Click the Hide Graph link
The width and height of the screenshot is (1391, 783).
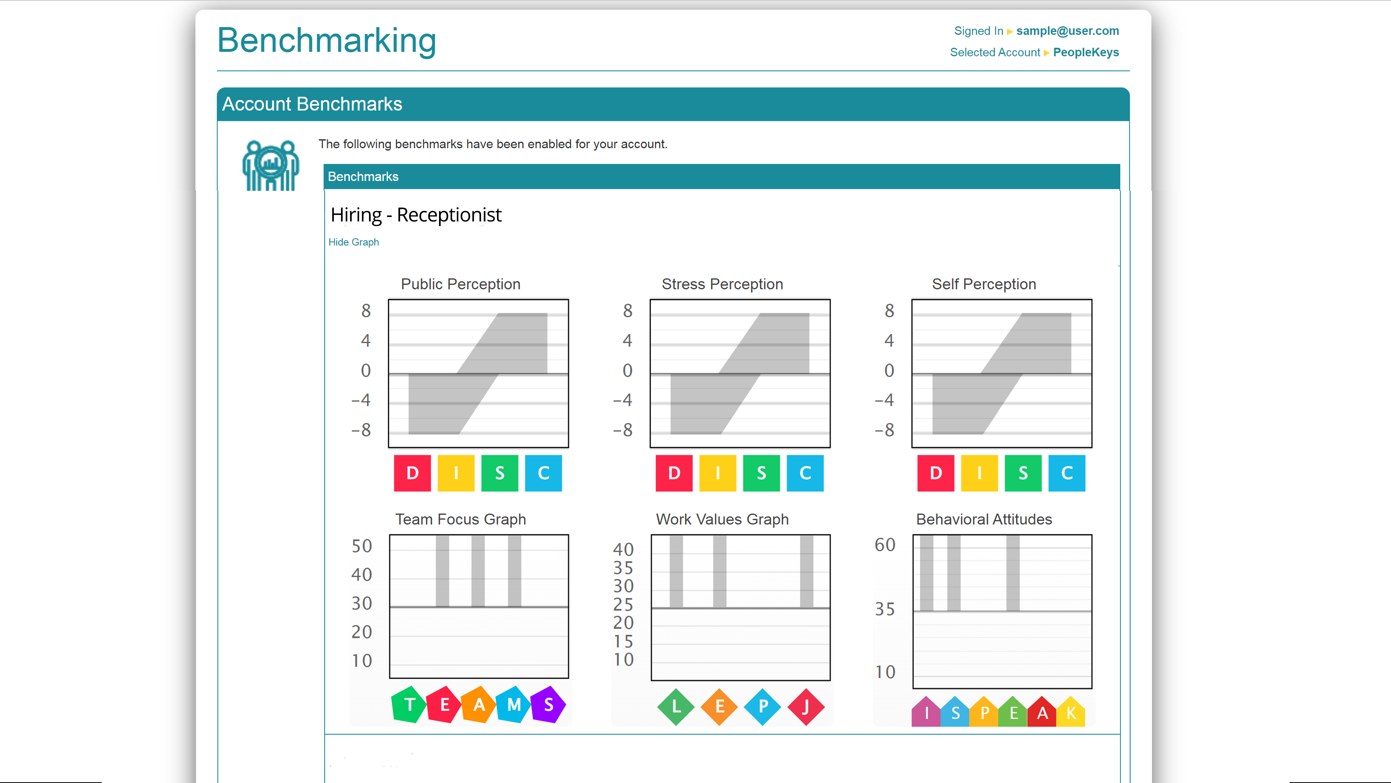point(354,242)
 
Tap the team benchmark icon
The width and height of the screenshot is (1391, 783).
point(271,165)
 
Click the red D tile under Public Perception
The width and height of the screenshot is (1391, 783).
point(413,473)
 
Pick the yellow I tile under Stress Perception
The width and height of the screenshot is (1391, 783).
point(718,473)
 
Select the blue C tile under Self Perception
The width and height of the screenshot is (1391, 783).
point(1066,473)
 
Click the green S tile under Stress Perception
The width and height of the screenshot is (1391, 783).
point(761,473)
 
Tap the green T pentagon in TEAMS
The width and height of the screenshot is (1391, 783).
point(409,705)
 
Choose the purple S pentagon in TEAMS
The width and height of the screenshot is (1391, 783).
point(549,705)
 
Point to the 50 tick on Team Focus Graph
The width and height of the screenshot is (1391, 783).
point(362,546)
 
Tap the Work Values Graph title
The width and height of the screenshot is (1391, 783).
point(722,519)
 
